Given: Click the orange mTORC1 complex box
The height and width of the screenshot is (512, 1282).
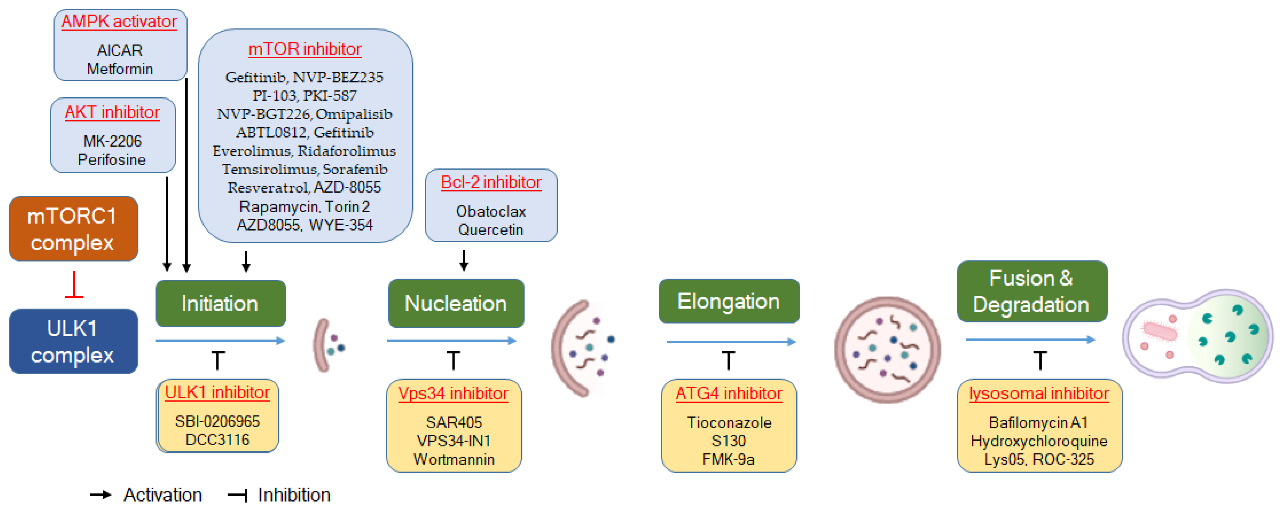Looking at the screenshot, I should point(73,229).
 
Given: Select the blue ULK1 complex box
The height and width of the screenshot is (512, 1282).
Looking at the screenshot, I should point(73,341).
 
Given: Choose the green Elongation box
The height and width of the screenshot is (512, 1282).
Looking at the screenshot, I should point(729,301).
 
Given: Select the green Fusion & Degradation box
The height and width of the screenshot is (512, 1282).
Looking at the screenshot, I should point(1032,291).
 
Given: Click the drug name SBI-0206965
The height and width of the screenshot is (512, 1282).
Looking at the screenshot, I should point(217,421).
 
